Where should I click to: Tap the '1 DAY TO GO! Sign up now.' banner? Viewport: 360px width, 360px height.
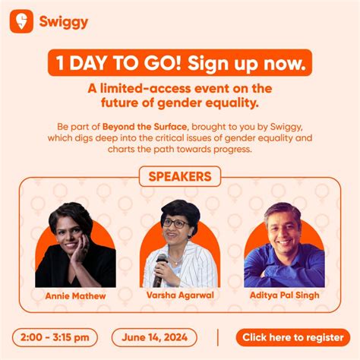(x=179, y=64)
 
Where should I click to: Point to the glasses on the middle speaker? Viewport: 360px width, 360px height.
(x=176, y=223)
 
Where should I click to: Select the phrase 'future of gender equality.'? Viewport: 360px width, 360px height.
(x=180, y=100)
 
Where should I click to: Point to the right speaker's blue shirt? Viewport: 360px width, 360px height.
(x=285, y=270)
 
